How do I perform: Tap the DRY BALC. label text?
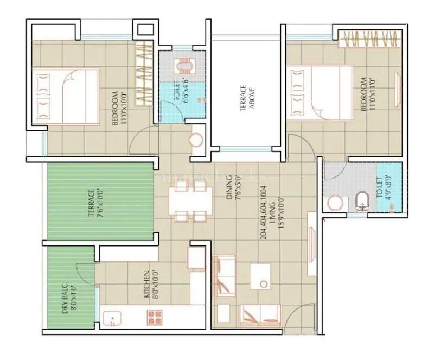[x=68, y=298]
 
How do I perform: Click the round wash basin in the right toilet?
[x=334, y=203]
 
